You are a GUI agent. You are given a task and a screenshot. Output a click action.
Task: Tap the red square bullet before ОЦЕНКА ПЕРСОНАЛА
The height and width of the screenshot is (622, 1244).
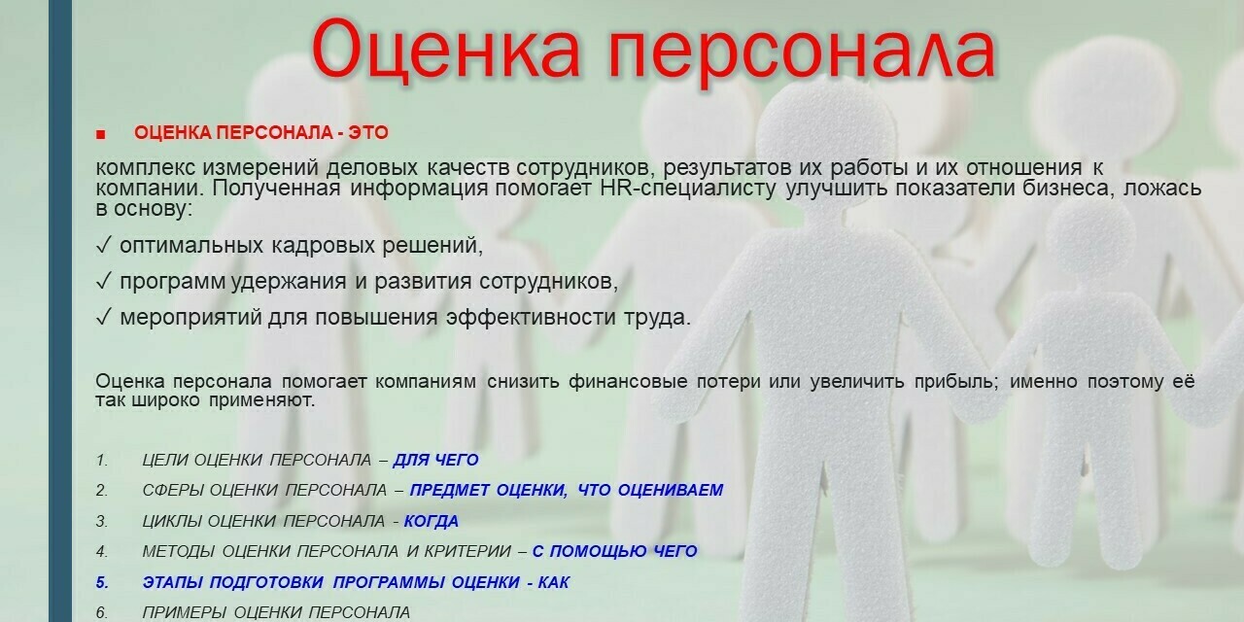click(x=100, y=134)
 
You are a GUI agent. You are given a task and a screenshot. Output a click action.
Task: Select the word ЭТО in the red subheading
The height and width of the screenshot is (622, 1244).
click(x=368, y=133)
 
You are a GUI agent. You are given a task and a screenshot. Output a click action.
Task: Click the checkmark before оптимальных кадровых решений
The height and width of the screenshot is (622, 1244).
click(x=104, y=245)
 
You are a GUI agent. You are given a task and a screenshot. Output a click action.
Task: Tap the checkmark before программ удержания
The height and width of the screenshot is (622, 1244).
click(x=104, y=281)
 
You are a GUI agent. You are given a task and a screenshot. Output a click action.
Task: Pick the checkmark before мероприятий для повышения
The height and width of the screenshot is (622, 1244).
click(x=104, y=317)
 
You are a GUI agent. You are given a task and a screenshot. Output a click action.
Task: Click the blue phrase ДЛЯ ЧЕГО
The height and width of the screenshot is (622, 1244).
click(x=436, y=460)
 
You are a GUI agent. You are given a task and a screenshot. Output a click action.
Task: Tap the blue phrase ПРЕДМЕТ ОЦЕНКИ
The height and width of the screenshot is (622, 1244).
click(x=489, y=490)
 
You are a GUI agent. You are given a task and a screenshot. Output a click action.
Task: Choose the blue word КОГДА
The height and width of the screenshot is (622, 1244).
click(x=432, y=521)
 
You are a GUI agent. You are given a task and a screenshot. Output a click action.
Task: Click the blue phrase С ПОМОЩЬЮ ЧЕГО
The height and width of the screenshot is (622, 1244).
click(x=615, y=551)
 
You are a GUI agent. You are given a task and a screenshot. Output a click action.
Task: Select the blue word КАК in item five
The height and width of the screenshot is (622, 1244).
click(x=554, y=582)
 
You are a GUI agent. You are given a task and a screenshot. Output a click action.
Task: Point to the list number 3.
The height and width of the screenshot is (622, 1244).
click(x=102, y=521)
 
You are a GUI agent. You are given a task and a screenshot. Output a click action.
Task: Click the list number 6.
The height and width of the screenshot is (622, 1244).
click(x=102, y=612)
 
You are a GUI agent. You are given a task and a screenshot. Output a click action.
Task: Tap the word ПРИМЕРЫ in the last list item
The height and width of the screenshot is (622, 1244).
click(x=185, y=612)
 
